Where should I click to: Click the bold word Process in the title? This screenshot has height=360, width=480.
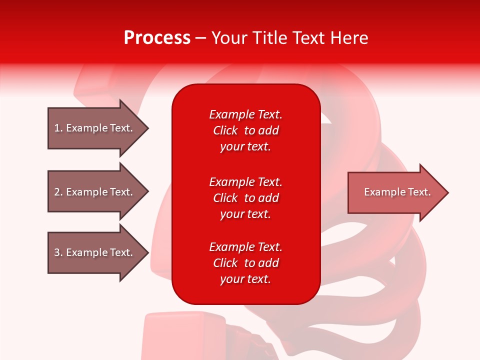[157, 38]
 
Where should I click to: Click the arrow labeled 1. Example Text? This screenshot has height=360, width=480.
[95, 128]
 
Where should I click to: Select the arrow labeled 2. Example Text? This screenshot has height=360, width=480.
[95, 192]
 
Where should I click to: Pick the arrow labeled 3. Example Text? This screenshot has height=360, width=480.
[95, 252]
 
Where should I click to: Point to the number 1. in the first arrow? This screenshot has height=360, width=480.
[58, 128]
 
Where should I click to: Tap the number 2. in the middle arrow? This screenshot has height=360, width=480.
[58, 192]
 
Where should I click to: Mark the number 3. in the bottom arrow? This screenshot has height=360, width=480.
[58, 252]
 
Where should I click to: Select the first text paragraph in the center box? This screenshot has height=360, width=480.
[245, 130]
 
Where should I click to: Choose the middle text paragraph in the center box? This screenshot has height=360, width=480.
[245, 198]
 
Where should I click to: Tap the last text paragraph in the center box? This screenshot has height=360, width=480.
[245, 263]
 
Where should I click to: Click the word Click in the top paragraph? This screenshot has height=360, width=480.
[225, 130]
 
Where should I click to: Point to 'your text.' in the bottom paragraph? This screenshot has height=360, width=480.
[245, 279]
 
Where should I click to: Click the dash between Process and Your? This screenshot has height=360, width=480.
[201, 38]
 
